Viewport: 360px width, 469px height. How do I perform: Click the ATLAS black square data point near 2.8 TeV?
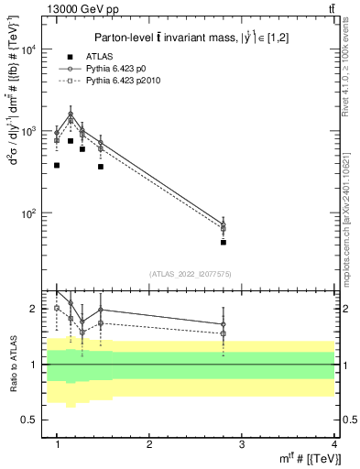224,243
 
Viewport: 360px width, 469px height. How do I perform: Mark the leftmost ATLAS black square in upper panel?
57,166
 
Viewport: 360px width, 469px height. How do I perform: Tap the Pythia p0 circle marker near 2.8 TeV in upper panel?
224,224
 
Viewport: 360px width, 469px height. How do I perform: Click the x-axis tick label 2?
149,444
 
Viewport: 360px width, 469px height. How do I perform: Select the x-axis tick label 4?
333,444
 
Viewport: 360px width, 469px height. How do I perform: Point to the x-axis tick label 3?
241,444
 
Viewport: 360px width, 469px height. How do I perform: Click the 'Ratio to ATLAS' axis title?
11,364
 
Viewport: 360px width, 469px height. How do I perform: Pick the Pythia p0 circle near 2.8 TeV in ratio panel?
224,324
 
